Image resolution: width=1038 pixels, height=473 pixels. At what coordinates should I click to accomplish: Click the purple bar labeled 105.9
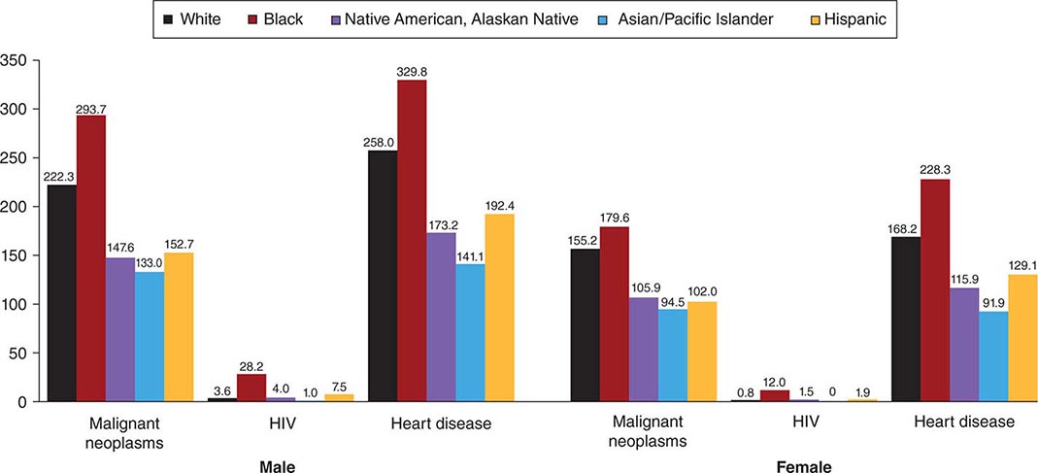(643, 350)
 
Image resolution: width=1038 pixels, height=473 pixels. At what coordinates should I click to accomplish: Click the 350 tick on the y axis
(16, 60)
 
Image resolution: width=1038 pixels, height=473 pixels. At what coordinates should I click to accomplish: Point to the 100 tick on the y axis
(16, 304)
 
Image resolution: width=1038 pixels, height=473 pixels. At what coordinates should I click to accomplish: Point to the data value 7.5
(339, 386)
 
